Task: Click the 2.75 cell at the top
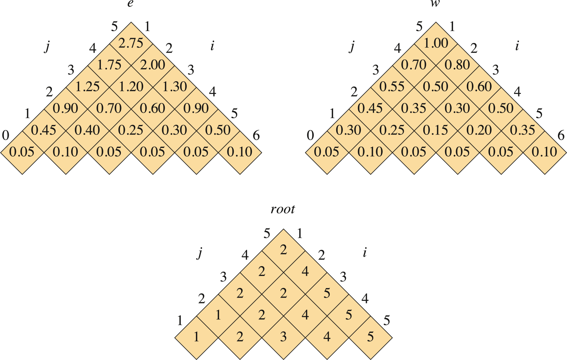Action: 131,43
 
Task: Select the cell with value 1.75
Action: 109,65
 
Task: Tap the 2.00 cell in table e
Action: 153,65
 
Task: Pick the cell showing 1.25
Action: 87,87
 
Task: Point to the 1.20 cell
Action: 131,87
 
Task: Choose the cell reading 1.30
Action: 174,87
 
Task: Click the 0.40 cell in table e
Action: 87,130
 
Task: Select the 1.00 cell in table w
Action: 436,43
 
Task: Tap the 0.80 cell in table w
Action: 457,65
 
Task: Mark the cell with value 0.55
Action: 392,87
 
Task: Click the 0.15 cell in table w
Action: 436,130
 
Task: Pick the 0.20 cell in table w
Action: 479,130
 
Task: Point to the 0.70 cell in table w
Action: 414,65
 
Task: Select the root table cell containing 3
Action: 283,337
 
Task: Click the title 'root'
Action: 283,210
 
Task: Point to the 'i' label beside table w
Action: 517,46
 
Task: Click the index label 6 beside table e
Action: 256,136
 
